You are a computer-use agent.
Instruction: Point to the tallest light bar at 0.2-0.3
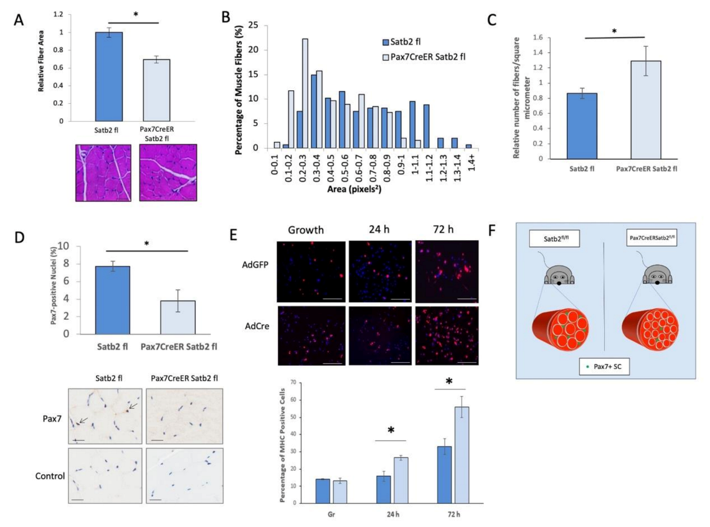305,93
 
